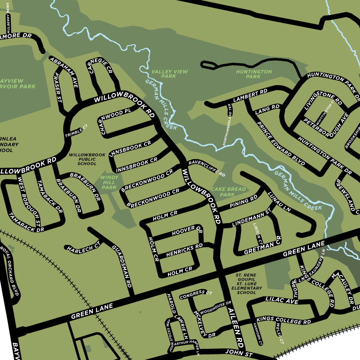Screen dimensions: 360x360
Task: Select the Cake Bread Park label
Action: tap(228, 192)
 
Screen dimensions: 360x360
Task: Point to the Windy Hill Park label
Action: tap(109, 182)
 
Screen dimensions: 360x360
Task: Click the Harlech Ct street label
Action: tap(83, 248)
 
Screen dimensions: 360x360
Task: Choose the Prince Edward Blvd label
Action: tap(280, 144)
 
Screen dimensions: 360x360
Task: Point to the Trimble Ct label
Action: tap(76, 132)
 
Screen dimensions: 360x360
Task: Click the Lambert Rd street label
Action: tap(250, 96)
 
